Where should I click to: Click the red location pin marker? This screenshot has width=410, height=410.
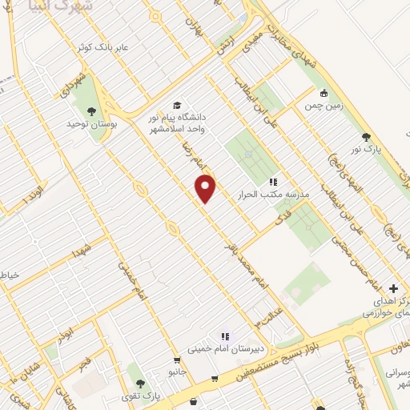coord(206,187)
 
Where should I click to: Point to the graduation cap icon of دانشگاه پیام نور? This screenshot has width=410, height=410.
coord(177,105)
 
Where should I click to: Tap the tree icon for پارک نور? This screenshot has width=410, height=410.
coord(366,138)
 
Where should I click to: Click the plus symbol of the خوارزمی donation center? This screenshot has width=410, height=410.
coord(393,288)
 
